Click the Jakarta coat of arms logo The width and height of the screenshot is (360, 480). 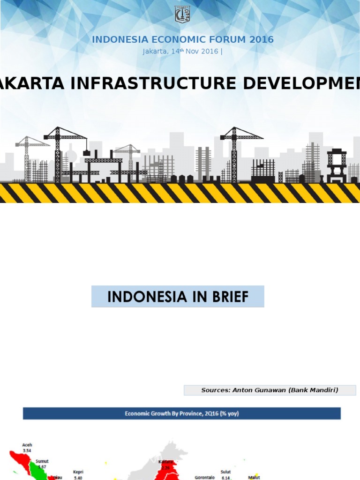pyautogui.click(x=182, y=15)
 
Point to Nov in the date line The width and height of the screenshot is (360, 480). pyautogui.click(x=193, y=52)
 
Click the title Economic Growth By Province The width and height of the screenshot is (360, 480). pyautogui.click(x=181, y=413)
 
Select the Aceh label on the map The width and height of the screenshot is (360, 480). pyautogui.click(x=27, y=445)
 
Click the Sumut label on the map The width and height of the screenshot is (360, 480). pyautogui.click(x=42, y=461)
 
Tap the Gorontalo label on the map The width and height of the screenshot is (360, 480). pyautogui.click(x=205, y=477)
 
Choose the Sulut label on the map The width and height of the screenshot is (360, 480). pyautogui.click(x=226, y=472)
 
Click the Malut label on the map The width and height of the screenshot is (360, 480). pyautogui.click(x=254, y=478)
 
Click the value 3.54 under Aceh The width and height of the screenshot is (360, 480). pyautogui.click(x=27, y=450)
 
